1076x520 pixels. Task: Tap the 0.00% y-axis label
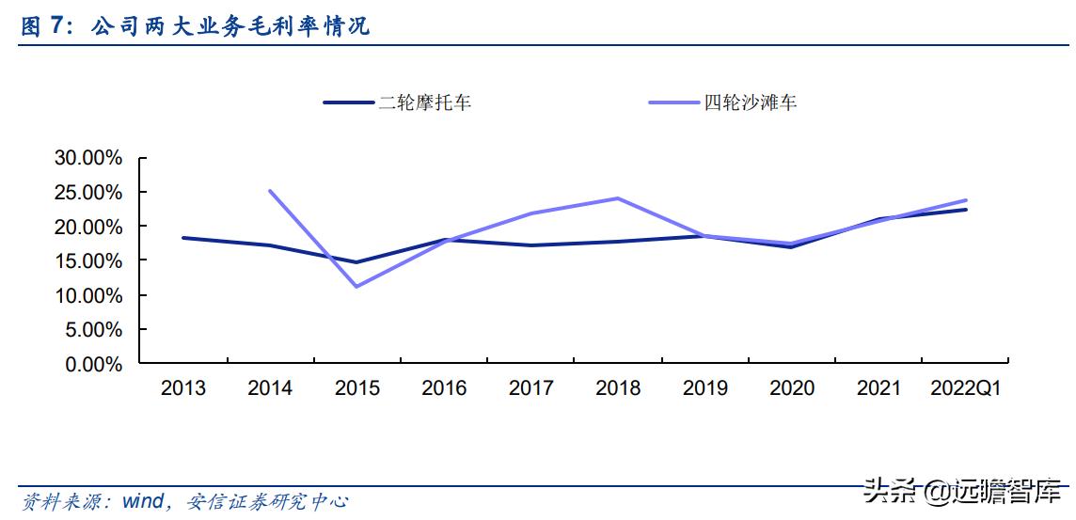[x=92, y=364]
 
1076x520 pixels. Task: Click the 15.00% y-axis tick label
[x=88, y=260]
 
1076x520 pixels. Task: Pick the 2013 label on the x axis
[x=182, y=388]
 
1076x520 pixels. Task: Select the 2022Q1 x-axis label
[x=965, y=388]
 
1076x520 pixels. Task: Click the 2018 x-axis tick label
[x=618, y=388]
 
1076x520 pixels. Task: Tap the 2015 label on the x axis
[x=356, y=388]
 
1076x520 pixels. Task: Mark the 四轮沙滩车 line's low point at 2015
[x=356, y=286]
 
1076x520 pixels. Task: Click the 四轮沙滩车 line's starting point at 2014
[x=270, y=191]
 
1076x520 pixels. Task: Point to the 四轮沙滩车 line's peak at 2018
[x=618, y=198]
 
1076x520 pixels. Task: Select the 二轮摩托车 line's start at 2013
[x=182, y=238]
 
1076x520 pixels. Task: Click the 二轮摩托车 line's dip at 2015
[x=356, y=262]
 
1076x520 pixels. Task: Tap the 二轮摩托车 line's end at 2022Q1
[x=965, y=210]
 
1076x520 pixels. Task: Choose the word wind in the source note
[x=143, y=502]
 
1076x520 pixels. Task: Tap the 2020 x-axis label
[x=792, y=388]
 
